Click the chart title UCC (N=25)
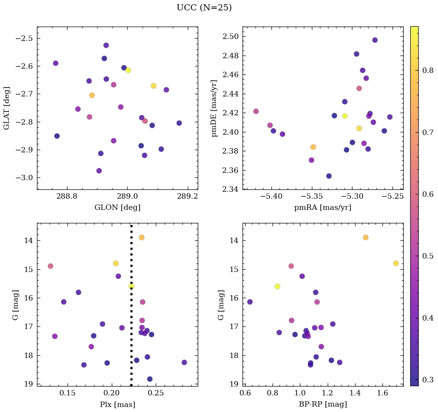click(204, 8)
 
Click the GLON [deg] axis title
click(117, 208)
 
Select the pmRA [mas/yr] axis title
click(323, 208)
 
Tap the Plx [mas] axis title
click(117, 404)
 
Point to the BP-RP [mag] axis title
click(323, 404)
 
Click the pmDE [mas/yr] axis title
click(214, 108)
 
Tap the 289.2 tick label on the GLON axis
click(188, 196)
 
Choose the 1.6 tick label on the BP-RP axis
click(382, 393)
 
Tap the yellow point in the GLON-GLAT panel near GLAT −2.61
click(128, 70)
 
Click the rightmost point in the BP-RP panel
click(396, 263)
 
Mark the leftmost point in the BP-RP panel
click(250, 302)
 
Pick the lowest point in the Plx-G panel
click(150, 379)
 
